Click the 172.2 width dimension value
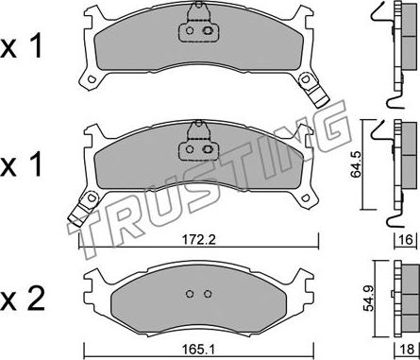point(198,240)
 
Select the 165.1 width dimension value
point(198,350)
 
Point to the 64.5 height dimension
point(357,164)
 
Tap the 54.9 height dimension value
point(368,298)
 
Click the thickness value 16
point(406,240)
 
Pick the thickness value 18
point(408,350)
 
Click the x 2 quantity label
point(23,300)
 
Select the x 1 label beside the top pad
point(21,47)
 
